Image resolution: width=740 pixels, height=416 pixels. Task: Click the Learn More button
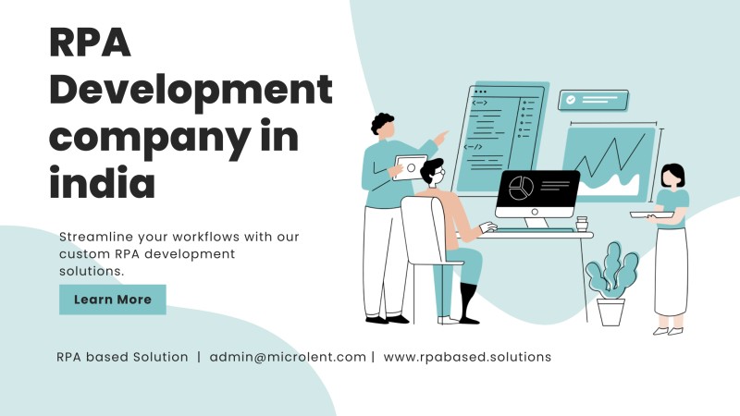(112, 300)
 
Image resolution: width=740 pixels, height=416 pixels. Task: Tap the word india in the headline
(102, 181)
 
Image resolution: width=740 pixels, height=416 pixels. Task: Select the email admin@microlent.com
(288, 357)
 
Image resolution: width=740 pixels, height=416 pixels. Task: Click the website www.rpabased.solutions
(467, 357)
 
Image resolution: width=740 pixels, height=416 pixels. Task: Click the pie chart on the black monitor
(521, 188)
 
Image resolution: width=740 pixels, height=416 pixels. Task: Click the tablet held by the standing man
(409, 167)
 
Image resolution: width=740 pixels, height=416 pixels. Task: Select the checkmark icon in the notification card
(571, 100)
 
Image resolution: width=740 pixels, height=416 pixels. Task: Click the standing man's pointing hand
(441, 139)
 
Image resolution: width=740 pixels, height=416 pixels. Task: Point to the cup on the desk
(582, 224)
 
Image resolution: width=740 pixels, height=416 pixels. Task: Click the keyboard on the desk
(535, 230)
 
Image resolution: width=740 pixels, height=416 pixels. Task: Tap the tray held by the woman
(652, 214)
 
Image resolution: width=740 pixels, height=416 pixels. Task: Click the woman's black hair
(673, 173)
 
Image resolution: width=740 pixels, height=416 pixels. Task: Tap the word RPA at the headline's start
(90, 43)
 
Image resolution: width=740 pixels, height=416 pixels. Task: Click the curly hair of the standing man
(381, 123)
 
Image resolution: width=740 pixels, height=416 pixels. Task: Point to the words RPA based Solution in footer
(122, 357)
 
